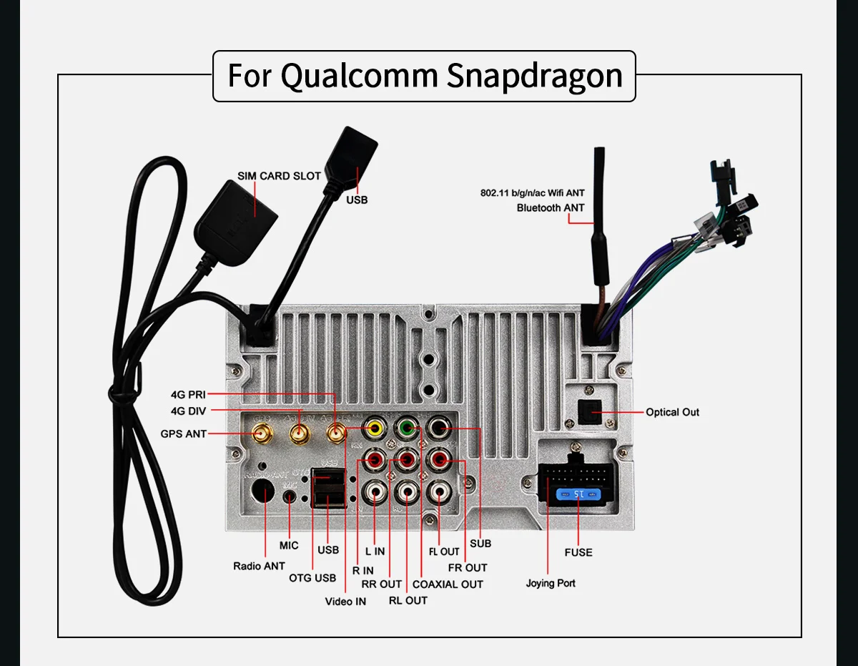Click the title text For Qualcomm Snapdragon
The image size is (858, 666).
tap(424, 75)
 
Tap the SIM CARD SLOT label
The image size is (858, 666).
tap(279, 176)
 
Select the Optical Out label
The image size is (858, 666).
tap(672, 412)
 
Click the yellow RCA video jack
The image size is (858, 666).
tap(375, 429)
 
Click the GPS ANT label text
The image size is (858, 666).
tap(183, 434)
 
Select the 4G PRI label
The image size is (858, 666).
tap(188, 394)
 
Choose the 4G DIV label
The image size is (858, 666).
tap(188, 411)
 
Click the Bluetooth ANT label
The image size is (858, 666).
tap(550, 207)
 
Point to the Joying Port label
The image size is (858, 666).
tap(551, 583)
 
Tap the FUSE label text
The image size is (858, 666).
tap(578, 552)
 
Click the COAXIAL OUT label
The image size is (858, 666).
tap(448, 584)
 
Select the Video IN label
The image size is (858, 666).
tap(345, 601)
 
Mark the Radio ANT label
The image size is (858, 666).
tap(259, 566)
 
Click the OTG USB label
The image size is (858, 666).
tap(312, 578)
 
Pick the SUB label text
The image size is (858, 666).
tap(480, 544)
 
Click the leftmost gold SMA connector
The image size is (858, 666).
tap(262, 432)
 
